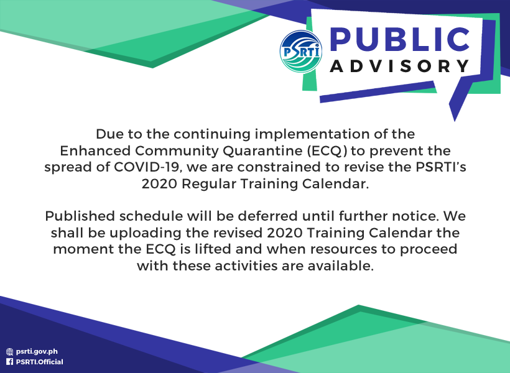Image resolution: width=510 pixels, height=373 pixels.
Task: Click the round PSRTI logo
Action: [301, 52]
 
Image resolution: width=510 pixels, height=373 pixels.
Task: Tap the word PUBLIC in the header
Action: [400, 40]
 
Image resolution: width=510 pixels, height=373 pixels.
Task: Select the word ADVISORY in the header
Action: [400, 66]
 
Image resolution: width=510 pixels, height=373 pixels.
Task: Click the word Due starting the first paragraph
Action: [109, 134]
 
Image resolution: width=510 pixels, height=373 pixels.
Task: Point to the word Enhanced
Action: [95, 150]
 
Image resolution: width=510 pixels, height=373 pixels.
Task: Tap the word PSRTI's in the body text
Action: [441, 167]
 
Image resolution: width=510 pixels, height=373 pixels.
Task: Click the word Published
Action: [80, 216]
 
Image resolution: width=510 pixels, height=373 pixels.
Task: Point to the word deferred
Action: [267, 216]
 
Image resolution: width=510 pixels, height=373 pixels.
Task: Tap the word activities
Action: [246, 265]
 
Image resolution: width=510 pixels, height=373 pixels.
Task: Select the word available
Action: [341, 265]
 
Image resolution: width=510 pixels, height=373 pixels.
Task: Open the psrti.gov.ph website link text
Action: [37, 351]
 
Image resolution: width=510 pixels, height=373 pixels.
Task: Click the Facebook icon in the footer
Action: [10, 362]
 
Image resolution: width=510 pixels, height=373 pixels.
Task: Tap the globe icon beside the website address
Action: [10, 351]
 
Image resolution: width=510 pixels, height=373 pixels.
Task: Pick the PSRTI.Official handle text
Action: [40, 362]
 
